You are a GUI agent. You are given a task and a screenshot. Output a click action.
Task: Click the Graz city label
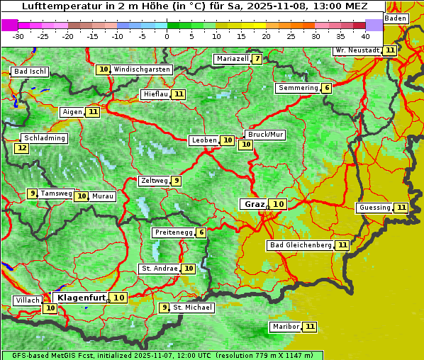pos(254,204)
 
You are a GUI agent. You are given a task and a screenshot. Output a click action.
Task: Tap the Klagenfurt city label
pos(82,298)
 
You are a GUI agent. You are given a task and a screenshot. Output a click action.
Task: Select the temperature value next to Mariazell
pos(257,59)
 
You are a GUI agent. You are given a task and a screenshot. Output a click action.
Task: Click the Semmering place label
pos(298,88)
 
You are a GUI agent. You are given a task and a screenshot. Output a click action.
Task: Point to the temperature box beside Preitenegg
pos(201,232)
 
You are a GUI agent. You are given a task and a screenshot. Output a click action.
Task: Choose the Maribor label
pos(285,327)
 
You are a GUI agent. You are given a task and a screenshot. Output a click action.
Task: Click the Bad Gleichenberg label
pos(300,245)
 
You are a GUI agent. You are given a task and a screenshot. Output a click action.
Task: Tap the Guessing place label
pos(374,208)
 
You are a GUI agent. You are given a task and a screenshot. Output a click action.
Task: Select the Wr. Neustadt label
pos(357,50)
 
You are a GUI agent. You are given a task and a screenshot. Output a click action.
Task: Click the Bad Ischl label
pos(30,72)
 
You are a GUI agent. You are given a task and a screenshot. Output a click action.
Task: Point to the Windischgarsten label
pos(142,69)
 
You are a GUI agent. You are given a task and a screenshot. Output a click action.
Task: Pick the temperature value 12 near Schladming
pos(22,148)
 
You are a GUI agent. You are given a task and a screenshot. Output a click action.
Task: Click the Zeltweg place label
pos(154,181)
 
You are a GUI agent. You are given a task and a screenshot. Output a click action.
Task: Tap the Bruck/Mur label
pos(265,135)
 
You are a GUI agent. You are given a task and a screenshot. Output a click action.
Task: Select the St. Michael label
pos(193,308)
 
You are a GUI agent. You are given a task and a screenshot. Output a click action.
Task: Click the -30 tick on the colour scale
pos(18,35)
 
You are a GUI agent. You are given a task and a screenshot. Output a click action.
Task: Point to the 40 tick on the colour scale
pos(365,35)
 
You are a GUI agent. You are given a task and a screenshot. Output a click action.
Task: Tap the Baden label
pos(396,18)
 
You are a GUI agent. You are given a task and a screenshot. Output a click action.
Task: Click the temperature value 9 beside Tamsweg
pos(32,193)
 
